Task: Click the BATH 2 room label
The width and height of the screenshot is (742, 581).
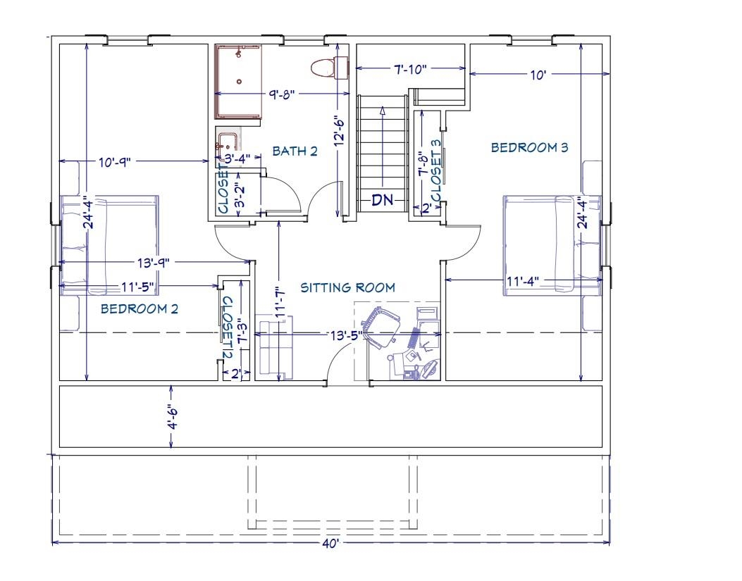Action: coord(295,151)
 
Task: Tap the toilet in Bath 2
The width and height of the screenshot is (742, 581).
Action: coord(329,67)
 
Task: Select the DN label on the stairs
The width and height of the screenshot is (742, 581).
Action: coord(383,200)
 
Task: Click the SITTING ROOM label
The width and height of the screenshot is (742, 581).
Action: coord(348,287)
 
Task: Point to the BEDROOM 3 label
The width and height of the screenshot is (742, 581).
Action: coord(529,148)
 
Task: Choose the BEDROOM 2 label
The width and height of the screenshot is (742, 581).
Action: coord(140,309)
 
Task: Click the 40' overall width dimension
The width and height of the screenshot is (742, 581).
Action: coord(330,544)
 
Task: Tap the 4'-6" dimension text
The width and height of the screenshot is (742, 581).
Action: coord(173,416)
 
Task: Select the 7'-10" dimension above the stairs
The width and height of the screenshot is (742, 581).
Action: coord(410,69)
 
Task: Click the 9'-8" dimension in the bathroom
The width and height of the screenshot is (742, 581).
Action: coord(282,94)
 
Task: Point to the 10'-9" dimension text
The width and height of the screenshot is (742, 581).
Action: coord(115,162)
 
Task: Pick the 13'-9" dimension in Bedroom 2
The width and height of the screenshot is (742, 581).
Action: coord(154,262)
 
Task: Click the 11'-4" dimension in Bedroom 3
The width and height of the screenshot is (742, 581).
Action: coord(523,281)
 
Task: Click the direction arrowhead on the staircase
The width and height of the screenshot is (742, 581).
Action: coord(383,111)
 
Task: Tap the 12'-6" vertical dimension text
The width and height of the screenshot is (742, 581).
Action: coord(339,131)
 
